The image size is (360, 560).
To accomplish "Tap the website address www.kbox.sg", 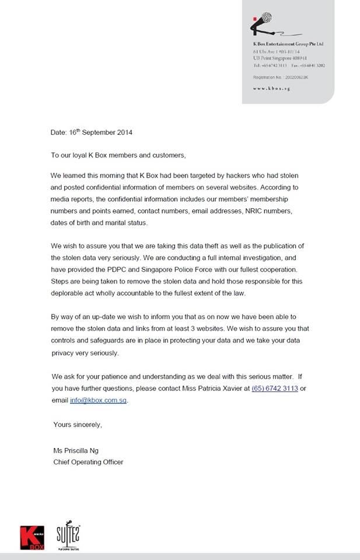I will [271, 88].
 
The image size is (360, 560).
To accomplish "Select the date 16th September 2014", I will [97, 132].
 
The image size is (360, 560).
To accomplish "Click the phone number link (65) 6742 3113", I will [274, 388].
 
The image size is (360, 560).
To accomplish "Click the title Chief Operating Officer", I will [88, 462].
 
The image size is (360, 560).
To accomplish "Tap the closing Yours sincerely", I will [78, 424].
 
